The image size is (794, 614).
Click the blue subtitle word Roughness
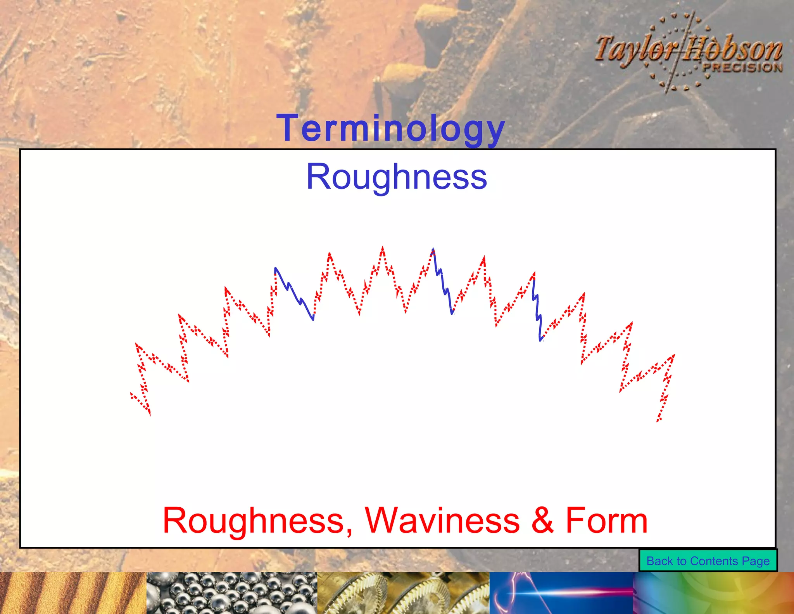396,177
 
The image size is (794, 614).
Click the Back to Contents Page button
708,561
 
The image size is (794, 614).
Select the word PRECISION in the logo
742,67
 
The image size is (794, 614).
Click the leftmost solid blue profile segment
294,293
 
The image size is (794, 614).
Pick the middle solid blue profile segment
443,281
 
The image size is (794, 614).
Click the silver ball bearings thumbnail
231,593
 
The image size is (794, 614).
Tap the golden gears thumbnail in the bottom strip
403,593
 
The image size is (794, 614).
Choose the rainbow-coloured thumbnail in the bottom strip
713,593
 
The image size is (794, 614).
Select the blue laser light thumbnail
561,593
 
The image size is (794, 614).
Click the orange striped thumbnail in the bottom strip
73,593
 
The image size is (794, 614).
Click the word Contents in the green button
714,561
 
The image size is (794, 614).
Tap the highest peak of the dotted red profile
383,248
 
